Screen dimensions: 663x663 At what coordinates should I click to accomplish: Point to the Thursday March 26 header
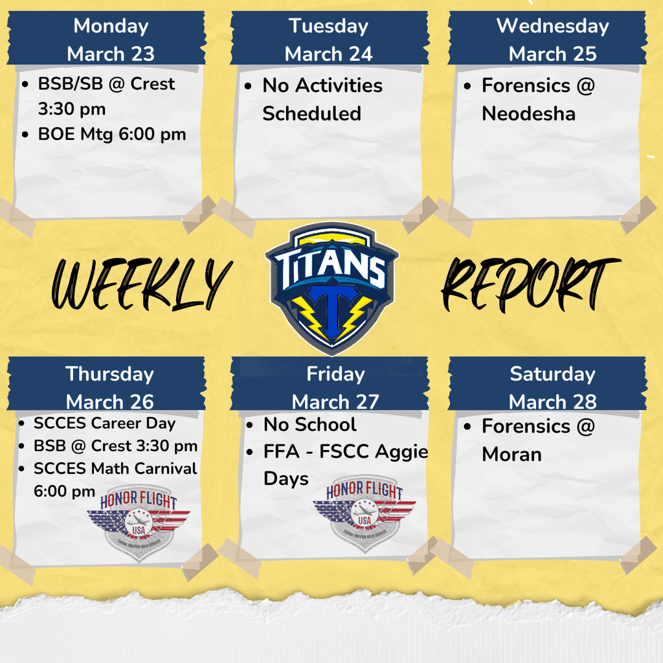point(110,387)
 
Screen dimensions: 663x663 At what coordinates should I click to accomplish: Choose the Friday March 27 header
point(335,387)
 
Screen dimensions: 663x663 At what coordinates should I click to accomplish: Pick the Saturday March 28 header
point(552,387)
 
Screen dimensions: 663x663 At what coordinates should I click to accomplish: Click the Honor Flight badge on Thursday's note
point(139,519)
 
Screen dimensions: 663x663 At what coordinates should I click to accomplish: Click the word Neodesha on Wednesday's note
point(528,114)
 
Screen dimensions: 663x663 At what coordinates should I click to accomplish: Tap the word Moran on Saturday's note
point(511,454)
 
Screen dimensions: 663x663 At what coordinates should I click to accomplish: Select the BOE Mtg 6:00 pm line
point(111,134)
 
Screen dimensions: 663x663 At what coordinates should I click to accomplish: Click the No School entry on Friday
point(309,425)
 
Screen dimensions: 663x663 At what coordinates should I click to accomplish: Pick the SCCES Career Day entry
point(104,423)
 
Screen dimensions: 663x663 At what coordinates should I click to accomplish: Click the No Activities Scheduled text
point(322,99)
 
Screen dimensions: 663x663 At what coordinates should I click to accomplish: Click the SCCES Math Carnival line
point(115,468)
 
